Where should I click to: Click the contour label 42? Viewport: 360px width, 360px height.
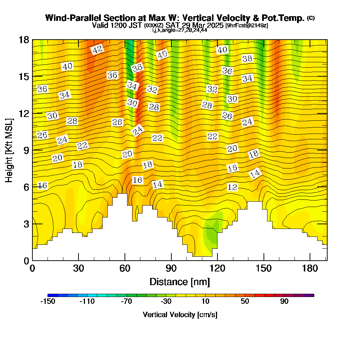click(97, 50)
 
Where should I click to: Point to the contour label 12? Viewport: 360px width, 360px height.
click(233, 187)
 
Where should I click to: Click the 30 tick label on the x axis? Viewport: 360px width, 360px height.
click(78, 269)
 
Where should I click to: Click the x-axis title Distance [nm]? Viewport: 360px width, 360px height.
click(180, 281)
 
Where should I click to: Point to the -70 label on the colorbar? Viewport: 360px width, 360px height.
click(126, 301)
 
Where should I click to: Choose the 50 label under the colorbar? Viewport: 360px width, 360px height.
click(245, 301)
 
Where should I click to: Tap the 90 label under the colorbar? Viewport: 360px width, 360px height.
click(284, 301)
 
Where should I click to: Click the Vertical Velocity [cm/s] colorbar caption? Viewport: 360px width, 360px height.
click(180, 315)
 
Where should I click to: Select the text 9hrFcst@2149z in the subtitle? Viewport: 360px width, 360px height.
click(247, 26)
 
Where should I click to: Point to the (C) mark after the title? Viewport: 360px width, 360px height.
click(311, 18)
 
